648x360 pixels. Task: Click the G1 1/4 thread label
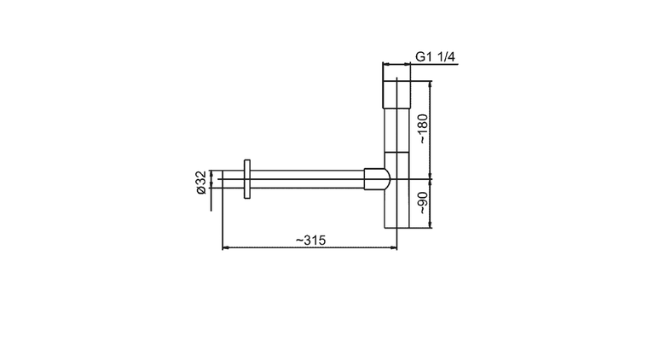[435, 56]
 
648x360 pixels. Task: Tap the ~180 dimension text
[423, 129]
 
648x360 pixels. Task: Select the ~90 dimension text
[423, 203]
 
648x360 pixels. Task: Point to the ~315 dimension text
[310, 240]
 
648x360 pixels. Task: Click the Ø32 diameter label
[201, 183]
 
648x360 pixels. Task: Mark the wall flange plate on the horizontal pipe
[247, 179]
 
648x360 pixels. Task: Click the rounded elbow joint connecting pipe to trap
[377, 179]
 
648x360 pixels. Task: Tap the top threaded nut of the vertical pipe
[396, 94]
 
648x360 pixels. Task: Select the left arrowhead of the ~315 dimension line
[226, 247]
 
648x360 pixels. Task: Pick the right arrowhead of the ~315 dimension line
[394, 247]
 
